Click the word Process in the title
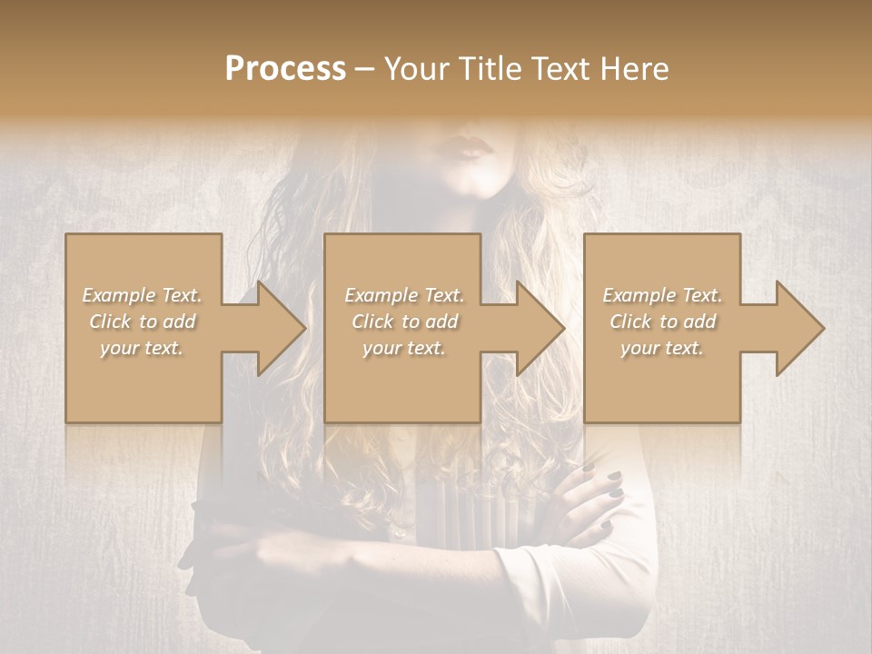click(x=285, y=69)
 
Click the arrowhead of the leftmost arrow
click(x=281, y=328)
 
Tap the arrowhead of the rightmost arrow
click(x=799, y=328)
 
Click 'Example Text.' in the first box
click(x=143, y=295)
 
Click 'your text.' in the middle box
click(x=403, y=348)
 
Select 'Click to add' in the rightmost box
click(x=662, y=322)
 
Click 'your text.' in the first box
click(x=142, y=348)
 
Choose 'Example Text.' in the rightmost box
click(x=662, y=295)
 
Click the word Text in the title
click(x=554, y=69)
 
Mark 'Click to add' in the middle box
click(x=404, y=322)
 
